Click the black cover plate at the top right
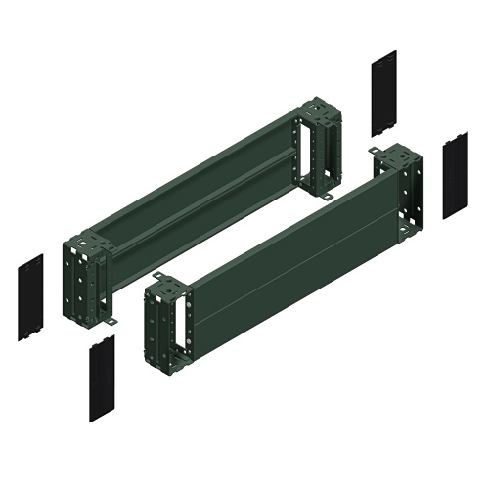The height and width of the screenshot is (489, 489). (x=384, y=94)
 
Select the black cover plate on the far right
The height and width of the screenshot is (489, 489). (x=455, y=176)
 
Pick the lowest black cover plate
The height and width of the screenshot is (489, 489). (x=102, y=378)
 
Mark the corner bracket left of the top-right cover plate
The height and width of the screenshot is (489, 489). (x=319, y=147)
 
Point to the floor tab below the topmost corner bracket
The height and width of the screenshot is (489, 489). (x=326, y=198)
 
